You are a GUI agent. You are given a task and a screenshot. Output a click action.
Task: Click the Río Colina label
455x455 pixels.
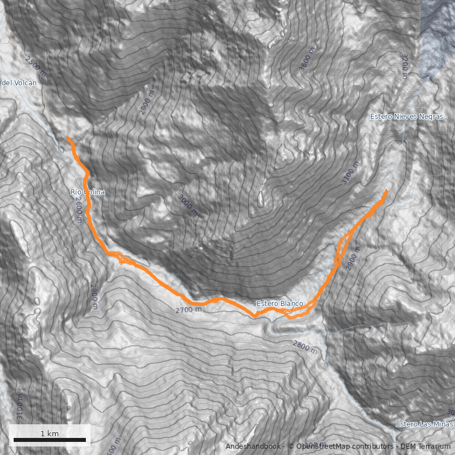pos(88,192)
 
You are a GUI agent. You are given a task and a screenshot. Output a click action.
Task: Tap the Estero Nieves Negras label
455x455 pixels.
pos(406,116)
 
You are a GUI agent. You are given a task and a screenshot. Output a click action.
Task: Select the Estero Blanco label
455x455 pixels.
pos(279,304)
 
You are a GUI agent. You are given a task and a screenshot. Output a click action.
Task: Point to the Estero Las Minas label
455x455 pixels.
pos(424,424)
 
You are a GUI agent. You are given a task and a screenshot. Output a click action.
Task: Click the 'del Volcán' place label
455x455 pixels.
pos(19,83)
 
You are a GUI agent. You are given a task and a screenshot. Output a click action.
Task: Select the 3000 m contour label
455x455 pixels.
pos(188,205)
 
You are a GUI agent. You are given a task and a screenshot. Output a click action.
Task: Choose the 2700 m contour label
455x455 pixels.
pos(188,310)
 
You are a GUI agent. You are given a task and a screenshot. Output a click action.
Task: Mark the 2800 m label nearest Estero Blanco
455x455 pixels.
pos(305,346)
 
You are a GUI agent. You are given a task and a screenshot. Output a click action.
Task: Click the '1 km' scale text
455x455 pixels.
pos(49,433)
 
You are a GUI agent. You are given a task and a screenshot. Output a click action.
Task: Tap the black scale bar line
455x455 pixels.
pos(49,440)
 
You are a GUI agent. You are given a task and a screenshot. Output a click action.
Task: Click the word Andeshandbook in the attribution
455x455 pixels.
pos(253,446)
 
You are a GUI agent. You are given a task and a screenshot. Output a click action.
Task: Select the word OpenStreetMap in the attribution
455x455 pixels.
pos(321,446)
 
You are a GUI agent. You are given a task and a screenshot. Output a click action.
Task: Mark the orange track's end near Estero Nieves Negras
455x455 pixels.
pos(387,190)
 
